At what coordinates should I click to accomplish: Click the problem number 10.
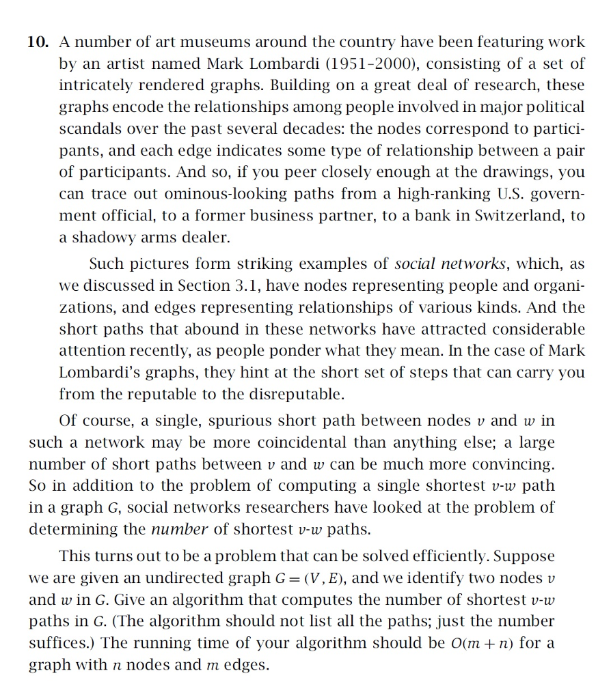click(x=38, y=42)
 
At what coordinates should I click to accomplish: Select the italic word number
click(x=179, y=529)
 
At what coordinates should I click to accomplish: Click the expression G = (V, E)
click(x=311, y=578)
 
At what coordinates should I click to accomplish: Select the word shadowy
click(x=98, y=238)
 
